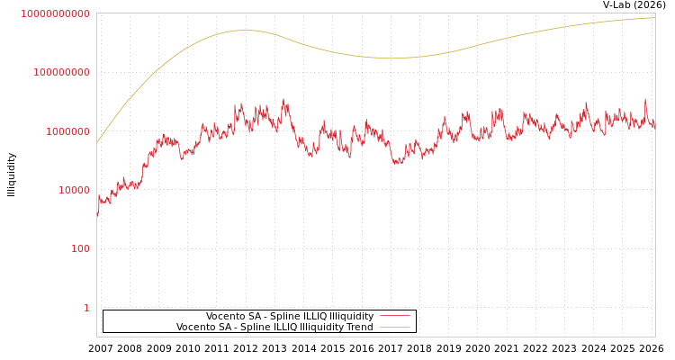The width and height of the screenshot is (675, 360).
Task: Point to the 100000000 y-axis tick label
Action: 61,72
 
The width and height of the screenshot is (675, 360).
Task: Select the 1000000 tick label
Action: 67,131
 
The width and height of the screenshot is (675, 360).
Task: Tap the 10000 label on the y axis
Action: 75,190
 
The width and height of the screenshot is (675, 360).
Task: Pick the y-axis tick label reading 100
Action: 81,248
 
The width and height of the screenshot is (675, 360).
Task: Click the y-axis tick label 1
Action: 87,308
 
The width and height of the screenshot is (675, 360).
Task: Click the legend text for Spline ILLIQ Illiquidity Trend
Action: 274,327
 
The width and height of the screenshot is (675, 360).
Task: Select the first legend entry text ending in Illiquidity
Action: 290,316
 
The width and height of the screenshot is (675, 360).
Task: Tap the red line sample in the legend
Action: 394,316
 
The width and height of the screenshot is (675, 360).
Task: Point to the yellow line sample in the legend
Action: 394,327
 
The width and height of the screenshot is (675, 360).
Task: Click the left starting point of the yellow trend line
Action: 97,143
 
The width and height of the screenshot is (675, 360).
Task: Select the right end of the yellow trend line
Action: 654,18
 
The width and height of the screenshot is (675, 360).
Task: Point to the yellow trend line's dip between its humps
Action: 391,58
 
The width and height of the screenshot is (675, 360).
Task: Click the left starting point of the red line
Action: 97,216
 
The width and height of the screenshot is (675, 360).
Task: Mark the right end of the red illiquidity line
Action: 654,126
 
